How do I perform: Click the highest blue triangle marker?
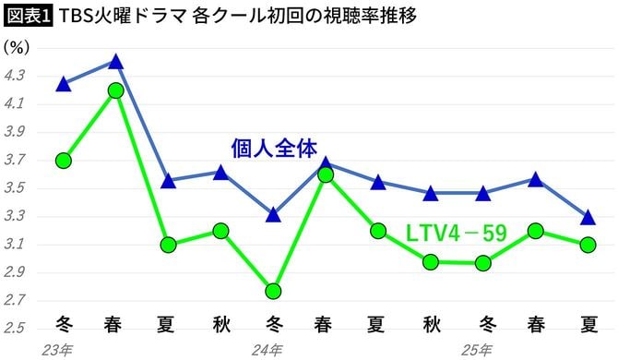115,62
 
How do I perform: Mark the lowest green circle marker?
274,291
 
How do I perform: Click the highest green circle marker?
115,90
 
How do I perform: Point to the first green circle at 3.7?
63,161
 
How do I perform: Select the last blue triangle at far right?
588,218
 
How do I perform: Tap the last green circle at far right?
588,245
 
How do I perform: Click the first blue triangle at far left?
63,84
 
